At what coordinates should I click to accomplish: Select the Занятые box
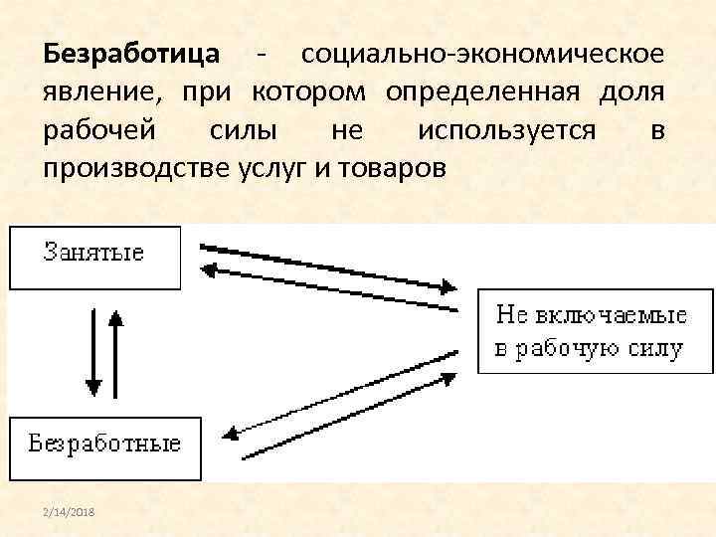coord(94,256)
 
